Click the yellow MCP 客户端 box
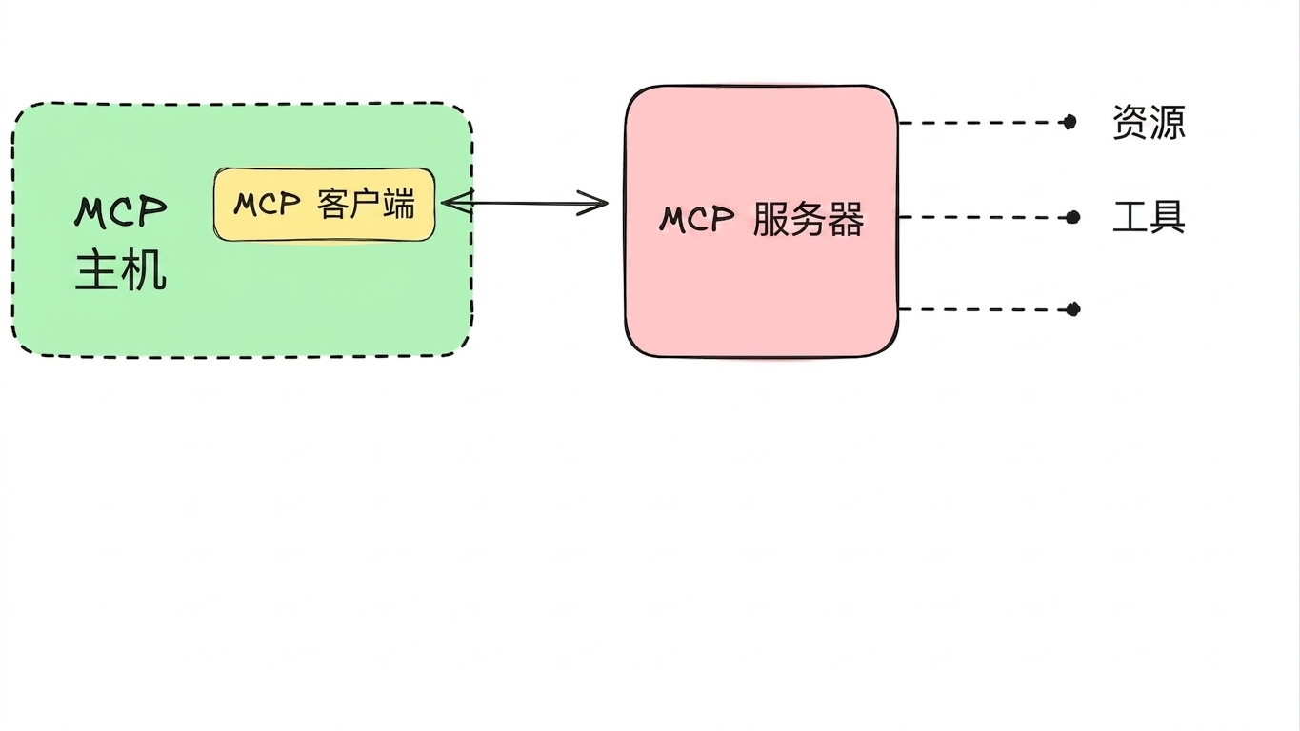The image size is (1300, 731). click(324, 205)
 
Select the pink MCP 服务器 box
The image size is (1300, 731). click(762, 221)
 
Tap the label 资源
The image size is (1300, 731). click(1149, 122)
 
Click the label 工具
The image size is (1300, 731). click(1149, 217)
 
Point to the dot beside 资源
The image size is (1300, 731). click(1070, 122)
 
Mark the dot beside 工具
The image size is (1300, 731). click(1073, 217)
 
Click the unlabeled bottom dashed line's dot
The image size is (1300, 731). click(1073, 309)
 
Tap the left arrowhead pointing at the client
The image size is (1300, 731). click(457, 203)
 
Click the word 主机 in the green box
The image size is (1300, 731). click(121, 270)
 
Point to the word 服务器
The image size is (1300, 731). click(809, 219)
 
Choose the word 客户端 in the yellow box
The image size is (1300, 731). click(367, 204)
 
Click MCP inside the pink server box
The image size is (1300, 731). click(696, 219)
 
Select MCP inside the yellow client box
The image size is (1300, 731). click(267, 204)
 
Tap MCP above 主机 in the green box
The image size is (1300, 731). click(121, 211)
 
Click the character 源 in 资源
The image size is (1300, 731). click(1167, 122)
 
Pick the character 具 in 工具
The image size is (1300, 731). click(1167, 217)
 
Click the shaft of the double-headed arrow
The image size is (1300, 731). click(525, 203)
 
